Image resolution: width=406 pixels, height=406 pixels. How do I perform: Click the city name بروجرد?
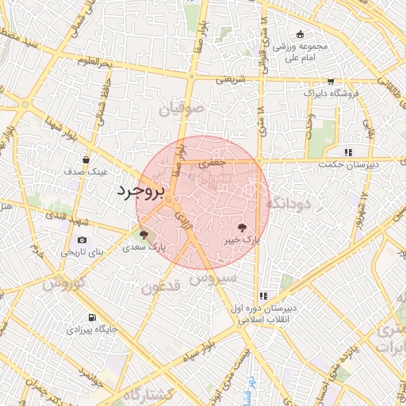click(x=140, y=191)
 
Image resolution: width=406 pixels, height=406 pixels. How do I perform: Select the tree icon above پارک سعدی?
click(x=144, y=235)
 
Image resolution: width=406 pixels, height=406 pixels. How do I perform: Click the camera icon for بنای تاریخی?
click(x=82, y=240)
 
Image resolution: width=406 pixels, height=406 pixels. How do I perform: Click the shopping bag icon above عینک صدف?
click(x=97, y=159)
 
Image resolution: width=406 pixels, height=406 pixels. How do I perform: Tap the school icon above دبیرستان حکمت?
click(x=348, y=152)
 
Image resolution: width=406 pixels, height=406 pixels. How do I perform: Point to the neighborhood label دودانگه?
click(x=291, y=203)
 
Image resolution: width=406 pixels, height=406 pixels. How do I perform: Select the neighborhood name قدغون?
click(x=163, y=286)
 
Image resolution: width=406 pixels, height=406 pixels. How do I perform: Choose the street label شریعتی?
click(x=232, y=79)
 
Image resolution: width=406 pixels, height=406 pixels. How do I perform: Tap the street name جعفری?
click(x=212, y=162)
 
